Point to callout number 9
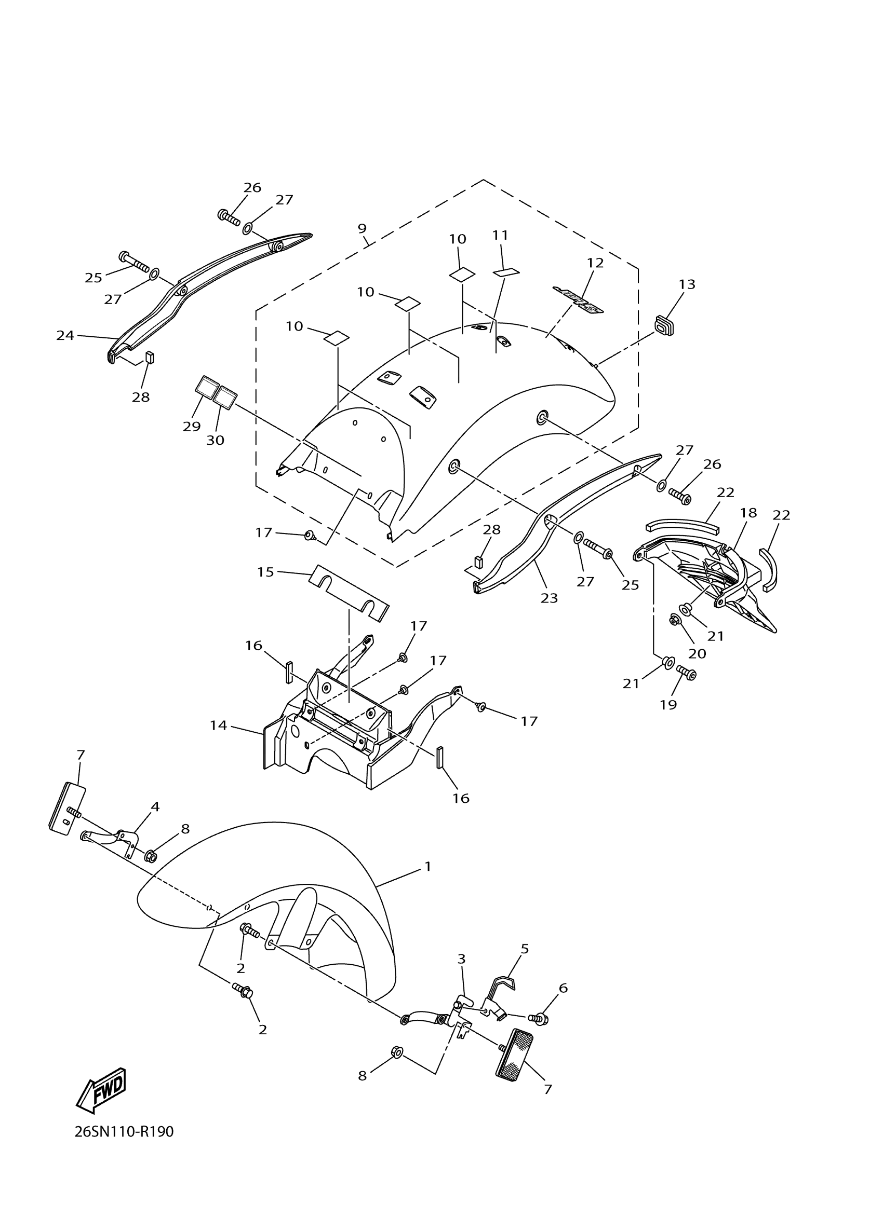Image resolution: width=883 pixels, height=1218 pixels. [x=362, y=228]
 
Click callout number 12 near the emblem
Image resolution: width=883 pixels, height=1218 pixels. [x=595, y=263]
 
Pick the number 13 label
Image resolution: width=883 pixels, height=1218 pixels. [x=687, y=284]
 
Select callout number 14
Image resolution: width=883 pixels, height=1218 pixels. [x=219, y=726]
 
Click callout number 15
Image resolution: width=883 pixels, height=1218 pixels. [x=265, y=572]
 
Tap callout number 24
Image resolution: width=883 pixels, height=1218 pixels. [x=65, y=336]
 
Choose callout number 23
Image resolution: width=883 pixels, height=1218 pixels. [x=548, y=598]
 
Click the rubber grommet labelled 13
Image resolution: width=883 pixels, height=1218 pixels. [x=664, y=325]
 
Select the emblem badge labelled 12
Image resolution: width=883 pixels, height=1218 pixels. [x=578, y=299]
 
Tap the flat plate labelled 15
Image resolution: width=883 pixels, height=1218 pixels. [x=350, y=592]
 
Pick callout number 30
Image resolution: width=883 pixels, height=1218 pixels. [x=215, y=441]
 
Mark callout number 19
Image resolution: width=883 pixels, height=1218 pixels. [x=668, y=705]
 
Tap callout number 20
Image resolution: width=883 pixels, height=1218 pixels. [x=697, y=653]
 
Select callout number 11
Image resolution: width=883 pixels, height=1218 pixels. [x=500, y=235]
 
